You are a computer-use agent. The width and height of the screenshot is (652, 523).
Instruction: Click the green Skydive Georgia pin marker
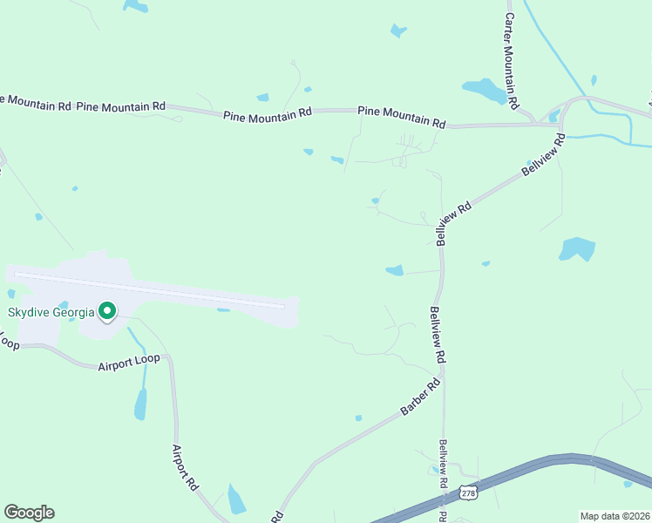(x=107, y=311)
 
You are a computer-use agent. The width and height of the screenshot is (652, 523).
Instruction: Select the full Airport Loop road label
(x=131, y=366)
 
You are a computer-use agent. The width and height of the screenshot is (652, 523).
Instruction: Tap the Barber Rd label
(x=421, y=397)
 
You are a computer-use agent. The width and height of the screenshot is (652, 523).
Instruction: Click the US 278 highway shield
(x=470, y=493)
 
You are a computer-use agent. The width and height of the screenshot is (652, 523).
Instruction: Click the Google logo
(x=29, y=513)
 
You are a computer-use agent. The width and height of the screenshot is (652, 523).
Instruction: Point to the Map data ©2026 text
(x=615, y=515)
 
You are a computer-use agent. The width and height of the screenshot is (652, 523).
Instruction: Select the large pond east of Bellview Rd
(x=578, y=248)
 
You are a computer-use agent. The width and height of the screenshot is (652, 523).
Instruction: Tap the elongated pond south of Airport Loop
(x=140, y=404)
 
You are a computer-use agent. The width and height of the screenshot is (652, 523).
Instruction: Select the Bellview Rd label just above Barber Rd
(x=438, y=334)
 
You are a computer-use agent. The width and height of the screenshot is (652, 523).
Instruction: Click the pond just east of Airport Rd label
(x=236, y=499)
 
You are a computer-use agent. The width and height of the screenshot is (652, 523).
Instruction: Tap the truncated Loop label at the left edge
(x=9, y=343)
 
